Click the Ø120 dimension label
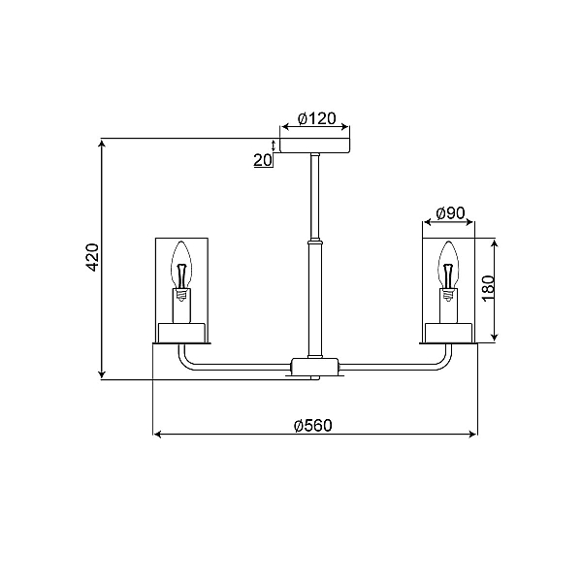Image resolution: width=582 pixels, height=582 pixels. (316, 118)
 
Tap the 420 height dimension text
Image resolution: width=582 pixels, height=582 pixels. (92, 257)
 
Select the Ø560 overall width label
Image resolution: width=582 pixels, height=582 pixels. (313, 426)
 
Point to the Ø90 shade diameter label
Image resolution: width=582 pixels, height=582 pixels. (450, 213)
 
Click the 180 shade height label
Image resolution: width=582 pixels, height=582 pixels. (489, 288)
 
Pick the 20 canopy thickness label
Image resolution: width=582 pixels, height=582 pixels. (263, 160)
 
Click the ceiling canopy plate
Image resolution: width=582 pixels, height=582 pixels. (314, 145)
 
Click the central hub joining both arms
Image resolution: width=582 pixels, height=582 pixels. (314, 366)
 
